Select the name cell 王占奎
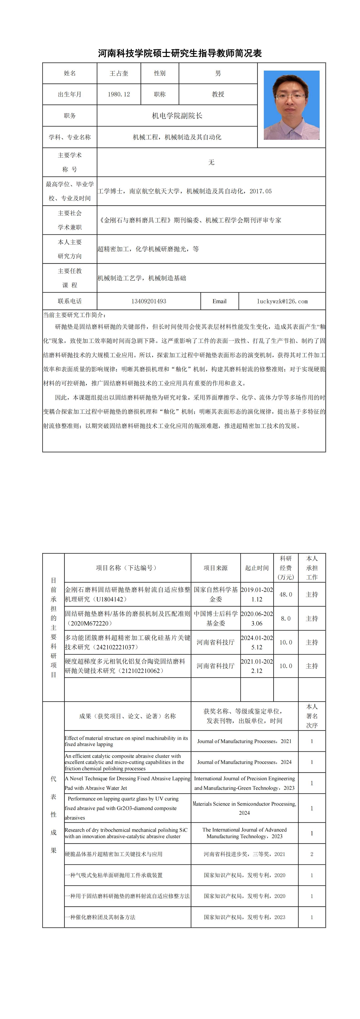[x=119, y=73]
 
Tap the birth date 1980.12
[x=119, y=94]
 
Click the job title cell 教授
[x=218, y=94]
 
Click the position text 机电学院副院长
[x=177, y=116]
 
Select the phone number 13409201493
[x=149, y=301]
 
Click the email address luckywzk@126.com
[x=282, y=301]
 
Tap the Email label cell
[x=220, y=301]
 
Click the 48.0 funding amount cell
[x=286, y=594]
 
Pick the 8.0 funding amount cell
[x=286, y=618]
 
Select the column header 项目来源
[x=216, y=568]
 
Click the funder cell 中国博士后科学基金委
[x=216, y=618]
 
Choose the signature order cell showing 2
[x=312, y=854]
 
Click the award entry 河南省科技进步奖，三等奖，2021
[x=244, y=854]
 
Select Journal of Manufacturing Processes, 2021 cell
[x=244, y=741]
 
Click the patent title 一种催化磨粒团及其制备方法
[x=100, y=917]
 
